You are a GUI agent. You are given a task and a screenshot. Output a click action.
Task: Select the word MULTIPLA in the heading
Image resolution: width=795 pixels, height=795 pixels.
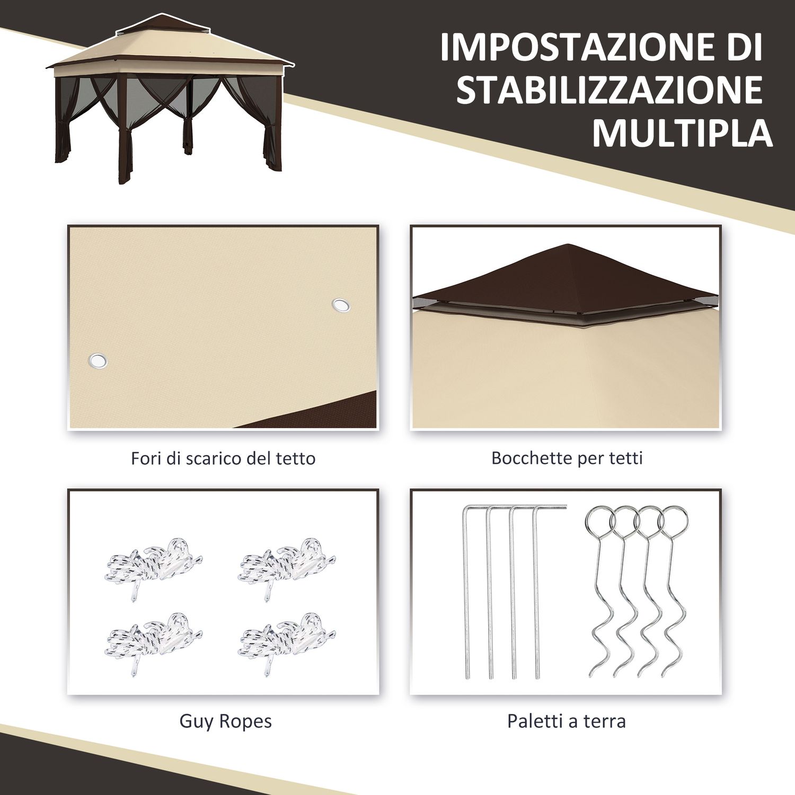click(x=682, y=133)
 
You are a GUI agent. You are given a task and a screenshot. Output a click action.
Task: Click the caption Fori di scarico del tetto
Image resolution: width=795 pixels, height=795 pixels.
click(x=223, y=458)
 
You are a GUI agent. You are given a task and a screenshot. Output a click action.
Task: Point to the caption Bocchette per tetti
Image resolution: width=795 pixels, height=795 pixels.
click(x=567, y=458)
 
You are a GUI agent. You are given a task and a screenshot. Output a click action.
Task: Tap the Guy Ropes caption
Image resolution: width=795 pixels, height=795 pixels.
click(x=225, y=721)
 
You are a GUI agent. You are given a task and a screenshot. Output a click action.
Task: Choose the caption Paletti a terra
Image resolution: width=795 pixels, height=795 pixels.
click(x=566, y=721)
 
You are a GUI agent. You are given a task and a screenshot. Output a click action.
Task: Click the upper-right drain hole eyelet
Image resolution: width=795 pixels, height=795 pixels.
click(x=341, y=305)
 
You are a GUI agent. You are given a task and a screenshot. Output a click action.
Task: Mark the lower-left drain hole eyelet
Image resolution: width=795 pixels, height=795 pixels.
click(x=97, y=361)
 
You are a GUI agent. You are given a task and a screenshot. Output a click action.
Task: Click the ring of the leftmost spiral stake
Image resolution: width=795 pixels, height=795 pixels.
click(x=598, y=520)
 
